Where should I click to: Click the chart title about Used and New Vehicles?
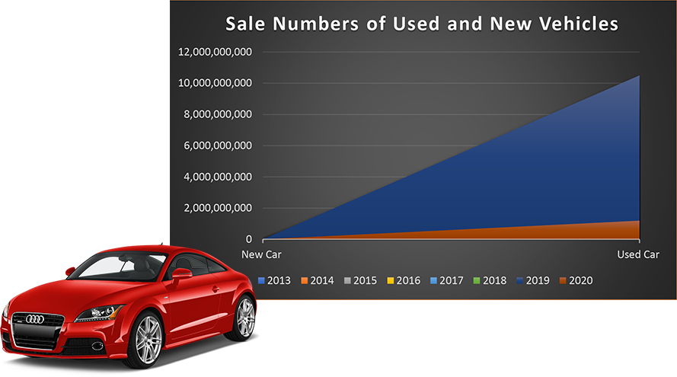click(421, 24)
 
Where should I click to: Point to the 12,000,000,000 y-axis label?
click(216, 52)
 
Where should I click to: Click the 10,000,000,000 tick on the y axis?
click(216, 83)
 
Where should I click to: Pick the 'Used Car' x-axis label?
click(638, 254)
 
